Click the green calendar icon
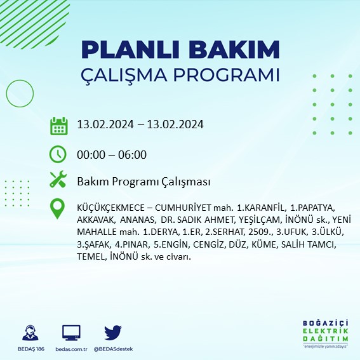click(58, 125)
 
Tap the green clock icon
click(58, 154)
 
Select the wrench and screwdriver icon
click(58, 180)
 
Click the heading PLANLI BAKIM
click(180, 50)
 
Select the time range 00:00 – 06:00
click(112, 154)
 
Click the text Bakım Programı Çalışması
click(143, 182)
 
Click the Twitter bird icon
click(113, 332)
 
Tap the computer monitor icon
click(71, 333)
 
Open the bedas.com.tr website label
click(71, 349)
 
